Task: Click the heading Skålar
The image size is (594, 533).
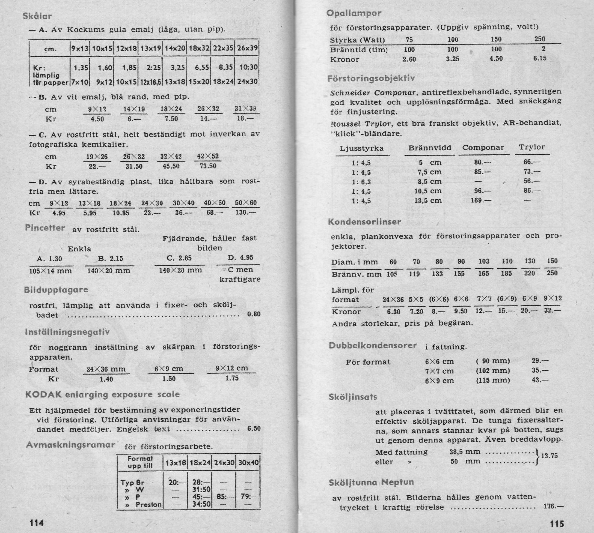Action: coord(37,16)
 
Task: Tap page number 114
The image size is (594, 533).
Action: coord(37,523)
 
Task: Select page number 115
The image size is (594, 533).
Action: coord(557,523)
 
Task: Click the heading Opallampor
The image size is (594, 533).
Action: coord(354,13)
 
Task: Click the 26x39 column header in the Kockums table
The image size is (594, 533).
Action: coord(248,48)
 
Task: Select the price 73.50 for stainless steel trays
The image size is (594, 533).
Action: coord(208,166)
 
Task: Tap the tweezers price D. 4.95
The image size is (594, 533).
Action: coord(240,258)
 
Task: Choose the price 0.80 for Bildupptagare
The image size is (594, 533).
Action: coord(254,315)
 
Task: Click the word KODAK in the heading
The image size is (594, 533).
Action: coord(43,394)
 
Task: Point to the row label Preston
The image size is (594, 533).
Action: coord(148,505)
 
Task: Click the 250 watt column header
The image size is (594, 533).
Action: coord(539,39)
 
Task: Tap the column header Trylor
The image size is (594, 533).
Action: coord(531,147)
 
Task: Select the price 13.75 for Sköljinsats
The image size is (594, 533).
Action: coord(549,456)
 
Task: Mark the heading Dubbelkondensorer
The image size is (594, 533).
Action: coord(372,346)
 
